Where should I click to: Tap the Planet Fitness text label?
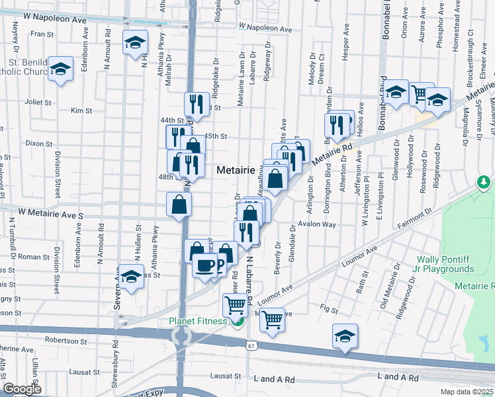pyautogui.click(x=197, y=322)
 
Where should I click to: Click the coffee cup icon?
pyautogui.click(x=205, y=266)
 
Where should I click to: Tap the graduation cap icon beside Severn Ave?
pyautogui.click(x=132, y=277)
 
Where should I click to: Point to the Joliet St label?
pyautogui.click(x=38, y=103)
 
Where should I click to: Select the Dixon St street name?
pyautogui.click(x=38, y=143)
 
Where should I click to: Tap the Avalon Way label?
pyautogui.click(x=318, y=224)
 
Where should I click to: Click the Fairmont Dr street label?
pyautogui.click(x=414, y=218)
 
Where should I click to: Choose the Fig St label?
pyautogui.click(x=328, y=309)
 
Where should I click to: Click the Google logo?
pyautogui.click(x=22, y=389)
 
